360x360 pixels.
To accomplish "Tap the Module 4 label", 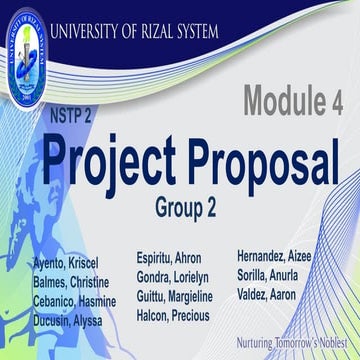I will tap(295, 101).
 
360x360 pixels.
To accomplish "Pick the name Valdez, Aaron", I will tap(269, 294).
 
